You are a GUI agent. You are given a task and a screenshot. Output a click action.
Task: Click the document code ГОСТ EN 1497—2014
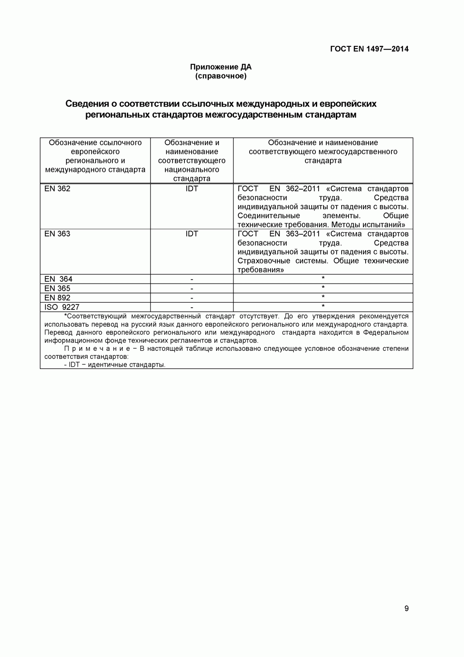pos(369,49)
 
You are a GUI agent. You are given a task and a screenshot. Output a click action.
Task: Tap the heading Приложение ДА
pos(221,67)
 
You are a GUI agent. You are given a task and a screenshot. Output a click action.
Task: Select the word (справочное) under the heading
pos(221,76)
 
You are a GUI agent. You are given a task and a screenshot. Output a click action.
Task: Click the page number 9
pos(406,608)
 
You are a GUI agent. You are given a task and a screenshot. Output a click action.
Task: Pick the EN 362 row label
pos(58,189)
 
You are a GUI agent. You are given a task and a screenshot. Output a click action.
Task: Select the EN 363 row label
pos(58,234)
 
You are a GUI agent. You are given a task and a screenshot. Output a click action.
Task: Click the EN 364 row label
pos(58,279)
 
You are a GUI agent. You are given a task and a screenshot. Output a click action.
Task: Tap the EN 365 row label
pos(58,289)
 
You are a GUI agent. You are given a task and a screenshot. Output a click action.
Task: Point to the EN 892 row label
pos(58,298)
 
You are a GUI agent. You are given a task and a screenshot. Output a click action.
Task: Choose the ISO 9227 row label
pos(62,307)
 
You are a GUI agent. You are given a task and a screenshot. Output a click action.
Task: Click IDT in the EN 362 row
pos(192,189)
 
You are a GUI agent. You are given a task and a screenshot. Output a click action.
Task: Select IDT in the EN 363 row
pos(192,234)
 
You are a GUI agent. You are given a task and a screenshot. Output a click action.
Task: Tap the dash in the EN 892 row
pos(192,298)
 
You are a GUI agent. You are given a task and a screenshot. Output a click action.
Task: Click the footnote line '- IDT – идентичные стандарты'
pos(115,365)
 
